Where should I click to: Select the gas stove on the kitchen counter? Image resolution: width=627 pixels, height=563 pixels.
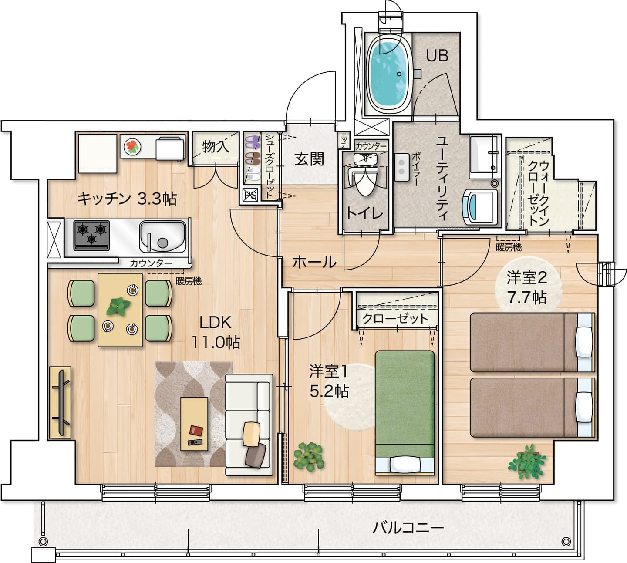click(x=91, y=235)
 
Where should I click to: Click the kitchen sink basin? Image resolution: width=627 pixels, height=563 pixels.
click(x=162, y=236)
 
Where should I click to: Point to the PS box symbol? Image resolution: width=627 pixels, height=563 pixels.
click(x=250, y=195)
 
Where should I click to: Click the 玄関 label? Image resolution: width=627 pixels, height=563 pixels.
click(x=309, y=159)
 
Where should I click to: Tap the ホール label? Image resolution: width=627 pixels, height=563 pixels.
click(x=314, y=262)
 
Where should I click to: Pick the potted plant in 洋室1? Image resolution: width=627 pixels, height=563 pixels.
click(x=309, y=457)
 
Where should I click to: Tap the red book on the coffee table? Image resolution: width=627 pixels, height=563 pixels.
click(x=196, y=430)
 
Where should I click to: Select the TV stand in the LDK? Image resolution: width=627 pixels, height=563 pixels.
click(x=60, y=402)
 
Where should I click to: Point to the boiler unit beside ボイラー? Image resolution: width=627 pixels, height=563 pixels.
click(x=402, y=167)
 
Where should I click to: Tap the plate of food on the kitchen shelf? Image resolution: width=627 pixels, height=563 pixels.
click(x=132, y=146)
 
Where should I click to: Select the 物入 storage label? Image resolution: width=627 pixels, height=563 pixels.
click(x=216, y=146)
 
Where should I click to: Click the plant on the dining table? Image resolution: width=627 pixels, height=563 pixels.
click(x=118, y=307)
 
